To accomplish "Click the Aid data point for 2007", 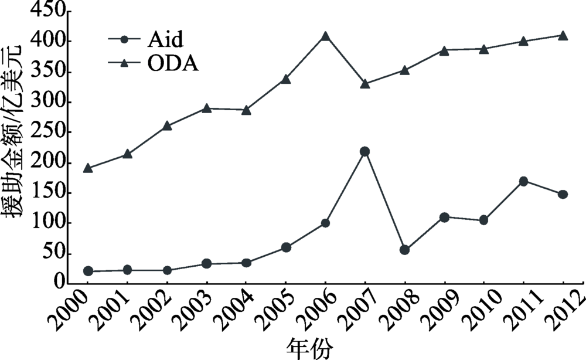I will coord(364,151).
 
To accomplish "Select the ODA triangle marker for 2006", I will coord(325,36).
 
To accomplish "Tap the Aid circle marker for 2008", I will coord(404,250).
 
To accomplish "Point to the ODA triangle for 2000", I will coord(88,168).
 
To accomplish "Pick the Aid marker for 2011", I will coord(523,181).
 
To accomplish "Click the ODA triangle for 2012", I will coord(563,36).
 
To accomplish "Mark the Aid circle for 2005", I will coord(286,247).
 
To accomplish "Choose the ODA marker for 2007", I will coord(364,84).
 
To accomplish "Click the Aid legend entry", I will coord(146,40).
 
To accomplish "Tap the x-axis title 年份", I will coord(309,348).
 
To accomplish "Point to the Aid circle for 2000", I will coord(88,271).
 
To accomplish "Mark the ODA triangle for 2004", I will coord(246,110).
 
